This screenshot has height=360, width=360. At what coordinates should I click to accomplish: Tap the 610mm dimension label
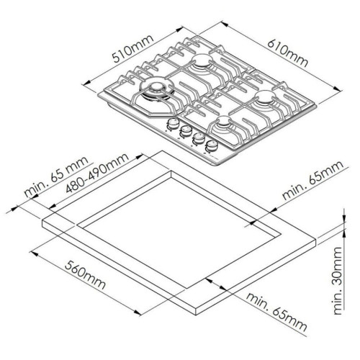click(x=287, y=53)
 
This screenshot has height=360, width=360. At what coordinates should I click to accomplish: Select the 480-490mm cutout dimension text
click(x=97, y=173)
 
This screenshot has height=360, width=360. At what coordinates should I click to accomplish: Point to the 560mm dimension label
click(x=85, y=275)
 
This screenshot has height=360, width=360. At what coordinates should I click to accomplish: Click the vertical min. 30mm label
click(x=338, y=281)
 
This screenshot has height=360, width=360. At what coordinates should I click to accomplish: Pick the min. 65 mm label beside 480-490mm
click(x=56, y=176)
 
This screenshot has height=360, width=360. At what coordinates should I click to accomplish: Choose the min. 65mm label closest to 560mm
click(x=276, y=312)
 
